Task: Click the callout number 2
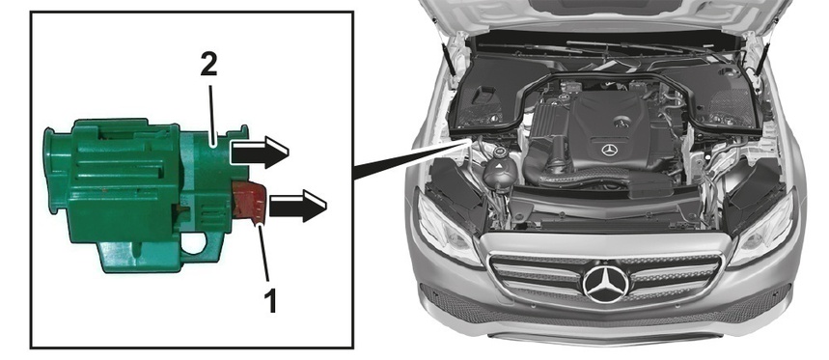[x=208, y=66]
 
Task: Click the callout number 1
[x=269, y=301]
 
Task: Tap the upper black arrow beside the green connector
[x=260, y=152]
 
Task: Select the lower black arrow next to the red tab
[x=297, y=206]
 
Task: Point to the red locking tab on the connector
[x=250, y=202]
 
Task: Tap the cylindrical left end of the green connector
[x=55, y=170]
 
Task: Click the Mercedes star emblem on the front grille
[x=606, y=285]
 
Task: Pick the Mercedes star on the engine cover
[x=610, y=151]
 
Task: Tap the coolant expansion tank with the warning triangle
[x=500, y=170]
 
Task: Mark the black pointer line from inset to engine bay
[x=411, y=159]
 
